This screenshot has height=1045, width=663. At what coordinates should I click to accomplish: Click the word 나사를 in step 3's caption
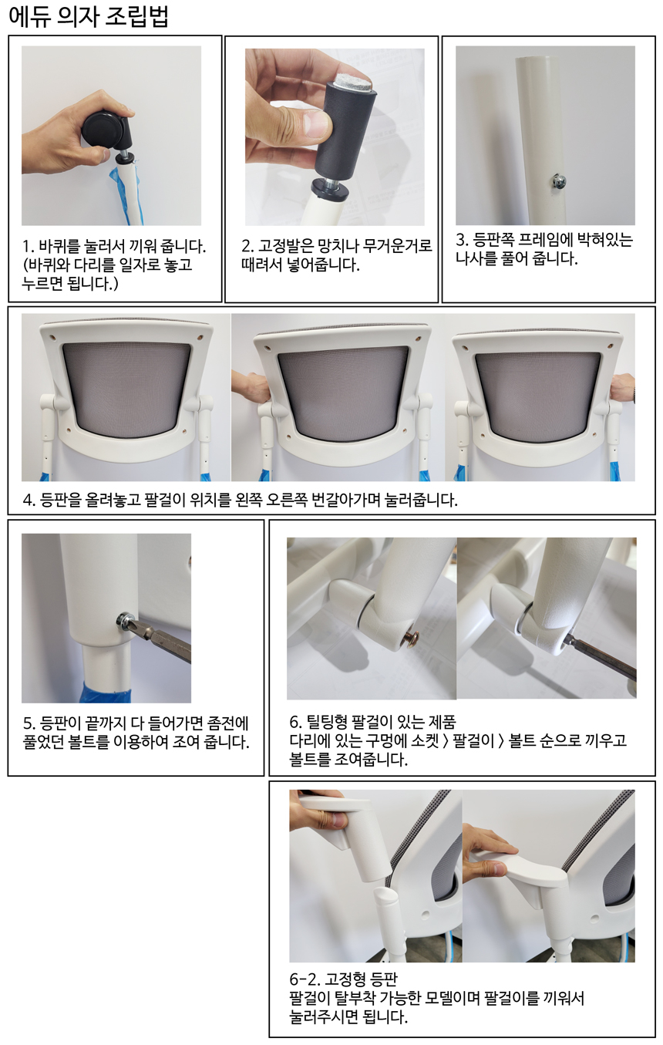(475, 258)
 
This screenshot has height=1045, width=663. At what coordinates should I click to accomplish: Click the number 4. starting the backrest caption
(29, 500)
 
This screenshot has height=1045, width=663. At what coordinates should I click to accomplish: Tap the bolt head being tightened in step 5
(123, 619)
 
